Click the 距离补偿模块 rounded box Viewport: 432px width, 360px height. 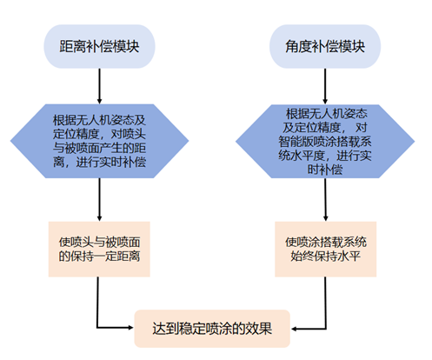(99, 46)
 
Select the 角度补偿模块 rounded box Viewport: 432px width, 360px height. (325, 46)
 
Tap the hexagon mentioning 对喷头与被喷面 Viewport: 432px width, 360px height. (99, 141)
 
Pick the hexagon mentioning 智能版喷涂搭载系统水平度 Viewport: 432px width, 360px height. (325, 141)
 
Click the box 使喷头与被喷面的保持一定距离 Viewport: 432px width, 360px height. (99, 250)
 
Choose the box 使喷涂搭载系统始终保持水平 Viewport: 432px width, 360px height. (326, 250)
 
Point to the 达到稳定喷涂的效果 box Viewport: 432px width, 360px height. (212, 329)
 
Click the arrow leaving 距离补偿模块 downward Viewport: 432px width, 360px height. (99, 86)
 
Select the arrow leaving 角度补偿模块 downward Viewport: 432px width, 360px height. (325, 86)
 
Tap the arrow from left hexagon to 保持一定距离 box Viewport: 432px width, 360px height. (99, 200)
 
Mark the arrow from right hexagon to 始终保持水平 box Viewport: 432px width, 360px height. (325, 200)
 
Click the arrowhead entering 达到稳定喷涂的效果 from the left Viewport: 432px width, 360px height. (130, 328)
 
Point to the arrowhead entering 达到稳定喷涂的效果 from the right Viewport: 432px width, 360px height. (294, 329)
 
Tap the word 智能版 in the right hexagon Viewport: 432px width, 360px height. (296, 142)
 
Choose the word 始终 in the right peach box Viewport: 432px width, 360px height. (302, 256)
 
